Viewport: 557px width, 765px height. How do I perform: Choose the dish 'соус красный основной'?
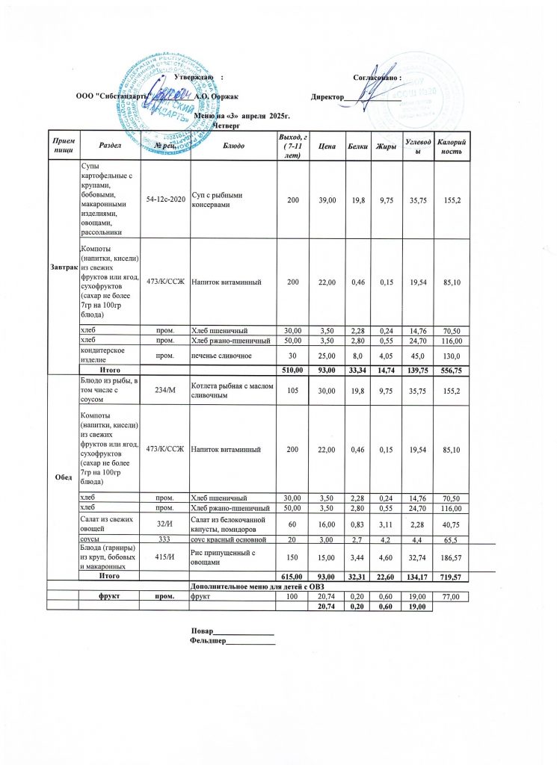click(229, 538)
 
